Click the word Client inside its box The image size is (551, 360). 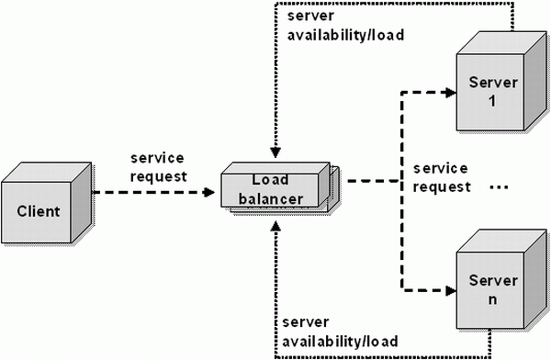[39, 212]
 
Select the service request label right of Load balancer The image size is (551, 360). [441, 178]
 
